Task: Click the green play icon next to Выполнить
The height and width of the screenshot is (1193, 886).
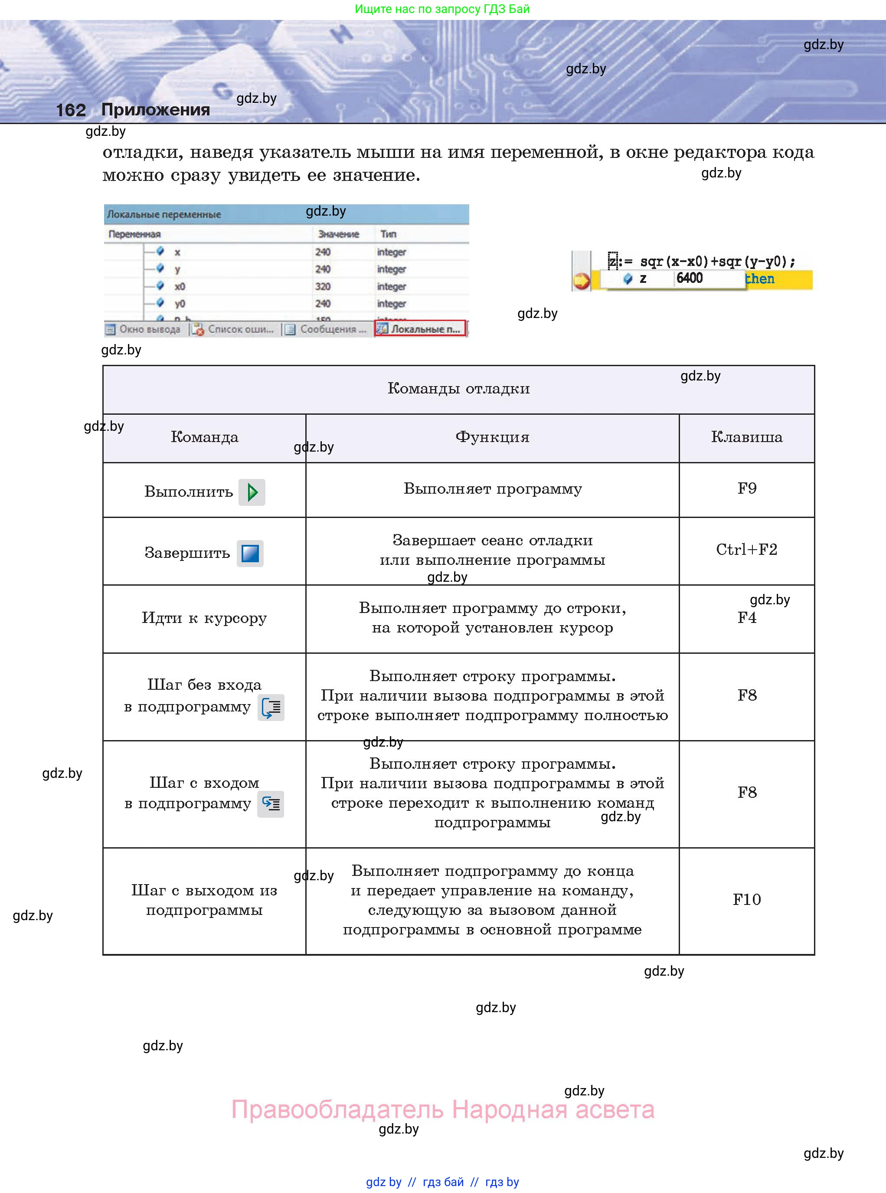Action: coord(252,492)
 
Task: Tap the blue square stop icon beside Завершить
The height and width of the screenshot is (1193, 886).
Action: coord(250,554)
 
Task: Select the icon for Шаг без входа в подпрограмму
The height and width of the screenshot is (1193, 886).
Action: coord(271,708)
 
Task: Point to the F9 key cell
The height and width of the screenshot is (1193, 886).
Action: coord(746,488)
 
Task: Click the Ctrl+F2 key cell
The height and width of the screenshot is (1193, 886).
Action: coord(746,550)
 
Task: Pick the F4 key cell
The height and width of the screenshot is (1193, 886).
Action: coord(746,618)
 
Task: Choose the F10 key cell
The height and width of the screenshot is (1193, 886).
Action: coord(746,900)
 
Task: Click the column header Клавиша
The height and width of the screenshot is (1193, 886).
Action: coord(746,437)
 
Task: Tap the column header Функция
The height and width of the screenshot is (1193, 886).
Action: coord(492,437)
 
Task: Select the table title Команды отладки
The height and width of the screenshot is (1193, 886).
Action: coord(458,388)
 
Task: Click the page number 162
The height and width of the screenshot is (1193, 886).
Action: coord(71,110)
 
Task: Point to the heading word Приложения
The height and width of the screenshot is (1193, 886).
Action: coord(156,109)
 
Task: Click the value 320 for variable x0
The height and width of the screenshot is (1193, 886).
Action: coord(323,286)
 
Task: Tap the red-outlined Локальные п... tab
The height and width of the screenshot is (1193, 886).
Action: coord(421,329)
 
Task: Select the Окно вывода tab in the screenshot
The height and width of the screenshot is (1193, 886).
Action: coord(144,329)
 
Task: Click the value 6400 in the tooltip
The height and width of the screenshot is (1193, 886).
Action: coord(689,278)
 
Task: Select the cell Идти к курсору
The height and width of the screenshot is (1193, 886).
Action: coord(204,618)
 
